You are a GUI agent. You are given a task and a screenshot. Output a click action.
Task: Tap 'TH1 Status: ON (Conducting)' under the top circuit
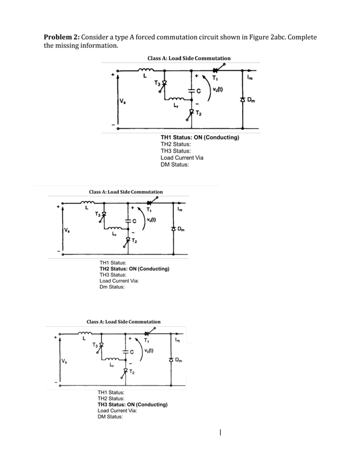pos(200,138)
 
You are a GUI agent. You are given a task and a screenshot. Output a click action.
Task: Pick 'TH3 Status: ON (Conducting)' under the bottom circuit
pos(132,404)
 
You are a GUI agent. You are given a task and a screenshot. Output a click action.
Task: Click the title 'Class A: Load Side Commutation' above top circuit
pos(188,58)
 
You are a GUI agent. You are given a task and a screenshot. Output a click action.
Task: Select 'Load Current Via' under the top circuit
pos(182,158)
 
